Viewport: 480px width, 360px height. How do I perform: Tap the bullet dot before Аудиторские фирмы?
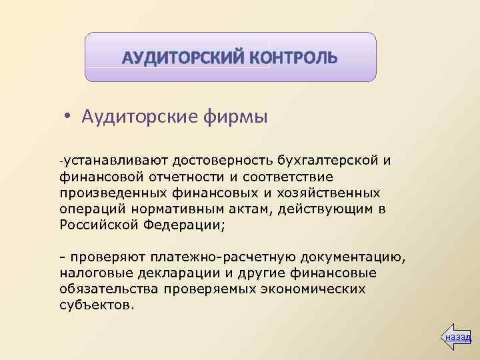coord(68,117)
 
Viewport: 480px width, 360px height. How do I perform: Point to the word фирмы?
coord(233,117)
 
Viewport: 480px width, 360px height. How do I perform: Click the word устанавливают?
coord(116,160)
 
